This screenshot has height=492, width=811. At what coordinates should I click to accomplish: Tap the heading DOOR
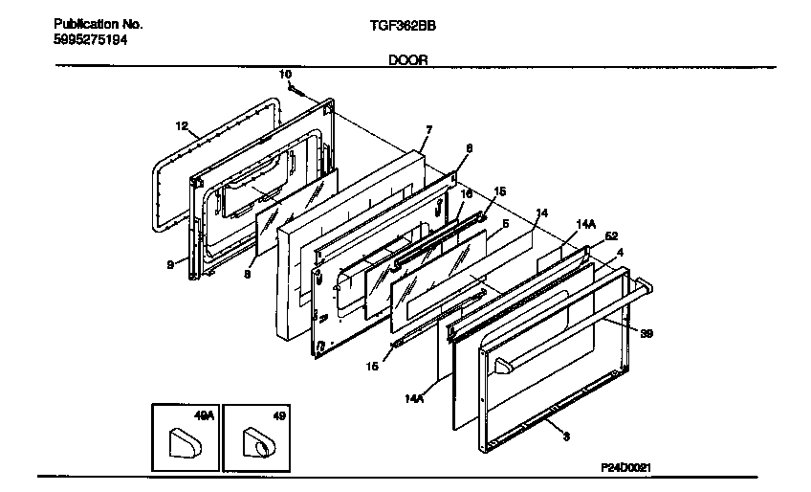pyautogui.click(x=407, y=59)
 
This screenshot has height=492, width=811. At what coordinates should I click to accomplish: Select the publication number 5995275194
pyautogui.click(x=90, y=40)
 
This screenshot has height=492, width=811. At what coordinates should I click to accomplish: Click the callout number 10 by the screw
pyautogui.click(x=285, y=74)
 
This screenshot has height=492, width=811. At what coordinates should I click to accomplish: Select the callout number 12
pyautogui.click(x=181, y=125)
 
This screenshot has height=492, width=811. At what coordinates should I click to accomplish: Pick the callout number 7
pyautogui.click(x=428, y=129)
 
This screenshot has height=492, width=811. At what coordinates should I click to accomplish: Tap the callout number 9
pyautogui.click(x=169, y=265)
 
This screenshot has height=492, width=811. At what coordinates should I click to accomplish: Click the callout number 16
pyautogui.click(x=467, y=192)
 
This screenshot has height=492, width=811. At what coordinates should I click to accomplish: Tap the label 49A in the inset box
pyautogui.click(x=202, y=416)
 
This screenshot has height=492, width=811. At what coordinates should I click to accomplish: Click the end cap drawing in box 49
pyautogui.click(x=257, y=444)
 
